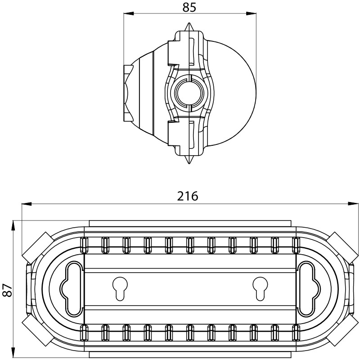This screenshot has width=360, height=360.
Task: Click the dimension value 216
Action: coord(188,196)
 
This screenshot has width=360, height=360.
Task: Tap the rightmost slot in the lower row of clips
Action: coord(296,333)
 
